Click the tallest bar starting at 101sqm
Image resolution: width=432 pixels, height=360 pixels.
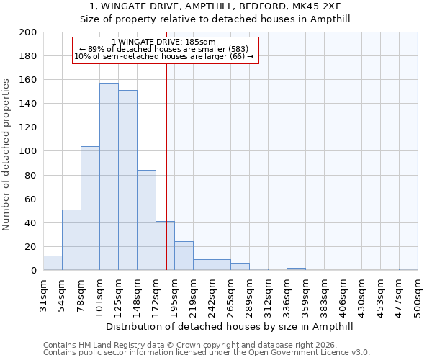(x=109, y=176)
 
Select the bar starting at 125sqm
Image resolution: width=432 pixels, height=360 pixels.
(x=127, y=180)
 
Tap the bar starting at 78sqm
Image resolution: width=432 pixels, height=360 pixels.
(x=90, y=208)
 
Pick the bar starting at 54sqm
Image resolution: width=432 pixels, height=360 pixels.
(x=71, y=240)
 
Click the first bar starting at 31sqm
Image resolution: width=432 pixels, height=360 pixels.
(x=53, y=263)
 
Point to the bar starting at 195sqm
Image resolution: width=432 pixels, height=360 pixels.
(x=184, y=256)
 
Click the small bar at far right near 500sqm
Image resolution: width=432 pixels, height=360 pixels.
(x=408, y=269)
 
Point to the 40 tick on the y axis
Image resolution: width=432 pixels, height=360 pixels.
(x=31, y=222)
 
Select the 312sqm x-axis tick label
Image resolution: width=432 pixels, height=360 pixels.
(x=268, y=296)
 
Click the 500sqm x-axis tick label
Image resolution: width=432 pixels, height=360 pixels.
(x=418, y=296)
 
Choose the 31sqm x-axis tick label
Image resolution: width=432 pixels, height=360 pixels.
(x=43, y=296)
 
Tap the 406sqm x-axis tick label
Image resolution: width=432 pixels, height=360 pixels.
(x=343, y=296)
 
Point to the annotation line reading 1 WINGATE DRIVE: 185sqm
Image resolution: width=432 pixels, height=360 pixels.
(x=164, y=42)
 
